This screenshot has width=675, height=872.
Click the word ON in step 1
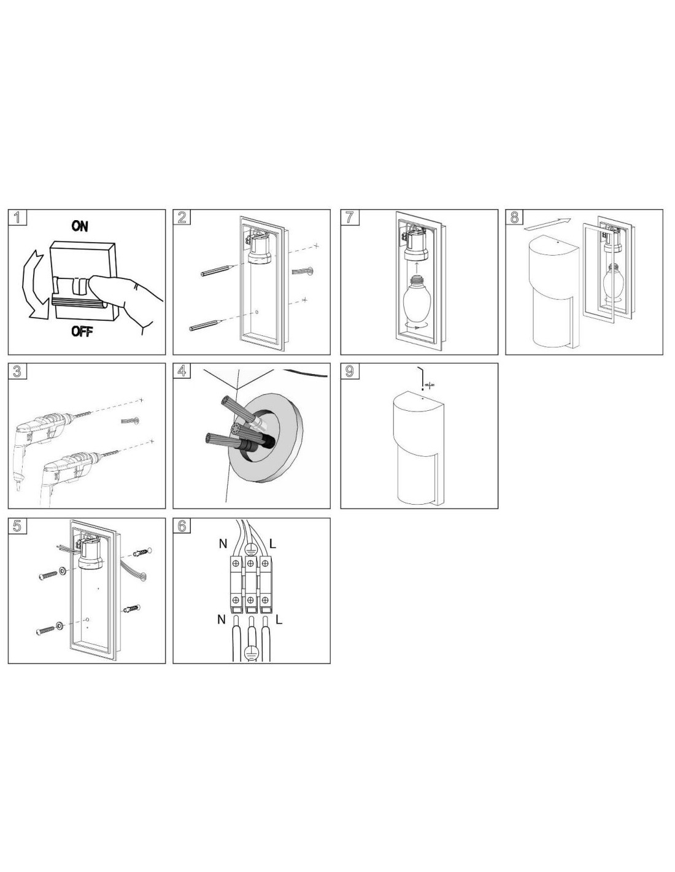[x=80, y=226]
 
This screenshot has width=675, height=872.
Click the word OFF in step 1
[x=82, y=332]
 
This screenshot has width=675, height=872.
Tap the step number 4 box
[x=182, y=371]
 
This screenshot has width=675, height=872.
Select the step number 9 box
[x=349, y=371]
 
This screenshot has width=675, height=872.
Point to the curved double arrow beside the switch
[x=29, y=286]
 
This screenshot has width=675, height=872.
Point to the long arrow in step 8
[x=547, y=224]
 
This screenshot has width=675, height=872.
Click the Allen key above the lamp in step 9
[x=420, y=376]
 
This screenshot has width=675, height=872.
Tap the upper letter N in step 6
[x=223, y=544]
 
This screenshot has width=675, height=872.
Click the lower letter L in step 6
[x=279, y=619]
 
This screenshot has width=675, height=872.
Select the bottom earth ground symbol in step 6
[x=250, y=653]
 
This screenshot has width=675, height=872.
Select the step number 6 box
[x=182, y=526]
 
